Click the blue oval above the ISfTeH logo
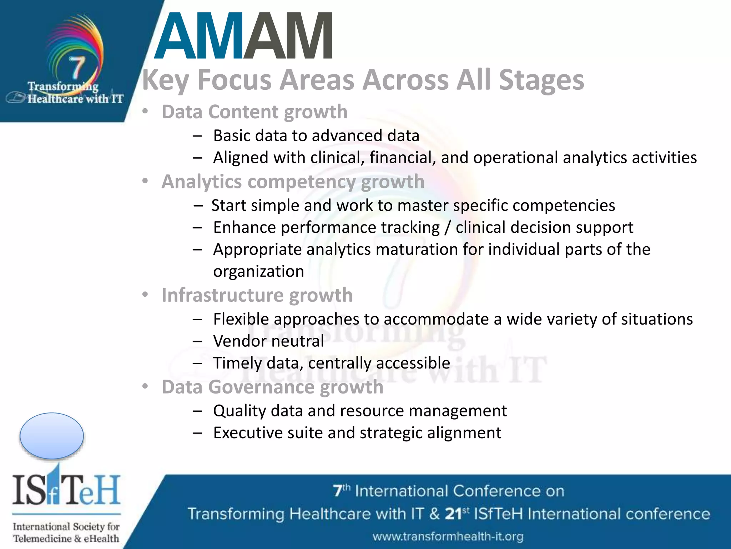click(x=52, y=436)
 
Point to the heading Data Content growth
click(x=254, y=112)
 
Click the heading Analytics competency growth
click(x=293, y=182)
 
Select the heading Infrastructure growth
click(x=257, y=295)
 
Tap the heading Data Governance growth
click(x=272, y=387)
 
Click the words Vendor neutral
click(x=268, y=341)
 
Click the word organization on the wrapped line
click(x=258, y=271)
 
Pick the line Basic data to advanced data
click(x=316, y=136)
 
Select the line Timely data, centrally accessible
click(x=331, y=363)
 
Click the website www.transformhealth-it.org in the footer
click(x=448, y=536)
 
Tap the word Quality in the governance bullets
click(x=240, y=411)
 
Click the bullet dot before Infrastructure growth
click(x=145, y=295)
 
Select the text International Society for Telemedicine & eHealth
click(x=66, y=532)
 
